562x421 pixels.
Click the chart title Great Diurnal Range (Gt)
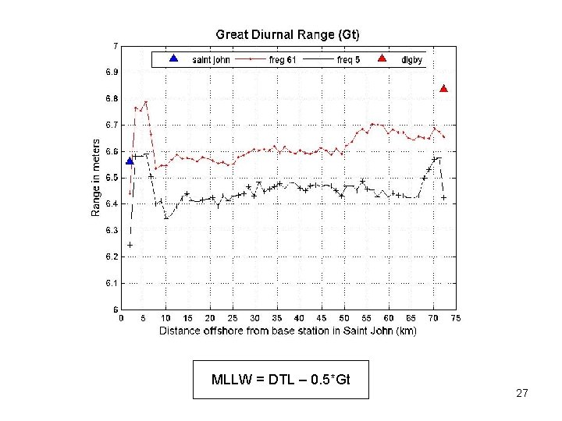coord(287,34)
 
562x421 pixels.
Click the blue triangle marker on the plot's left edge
coord(130,161)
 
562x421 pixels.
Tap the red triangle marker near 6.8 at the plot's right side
coord(443,89)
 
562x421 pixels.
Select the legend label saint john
coord(211,60)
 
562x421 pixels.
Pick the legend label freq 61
coord(283,60)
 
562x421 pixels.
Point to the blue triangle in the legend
coord(174,58)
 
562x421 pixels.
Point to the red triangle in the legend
coord(382,58)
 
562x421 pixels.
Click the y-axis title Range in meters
coord(96,178)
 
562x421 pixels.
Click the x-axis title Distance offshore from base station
coord(287,331)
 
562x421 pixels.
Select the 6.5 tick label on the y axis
coord(112,178)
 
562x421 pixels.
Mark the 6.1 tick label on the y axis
coord(112,283)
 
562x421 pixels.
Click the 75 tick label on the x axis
coord(456,318)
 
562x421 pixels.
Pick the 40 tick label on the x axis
coord(299,318)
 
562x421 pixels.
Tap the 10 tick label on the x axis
coord(165,318)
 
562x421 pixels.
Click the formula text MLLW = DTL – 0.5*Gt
coord(280,380)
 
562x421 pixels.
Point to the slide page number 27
coord(522,394)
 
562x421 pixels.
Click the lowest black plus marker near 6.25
coord(130,245)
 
